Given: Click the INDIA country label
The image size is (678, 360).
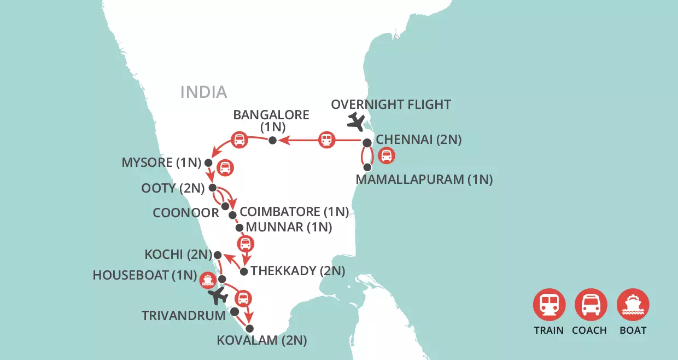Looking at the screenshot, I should coord(203,92).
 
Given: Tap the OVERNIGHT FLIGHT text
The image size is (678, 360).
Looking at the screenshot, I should coord(391,104).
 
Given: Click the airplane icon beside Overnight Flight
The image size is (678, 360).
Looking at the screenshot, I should coord(358,122).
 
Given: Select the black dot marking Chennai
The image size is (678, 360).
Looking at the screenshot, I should coord(367,143).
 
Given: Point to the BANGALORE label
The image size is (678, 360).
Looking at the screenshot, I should coord(271,115).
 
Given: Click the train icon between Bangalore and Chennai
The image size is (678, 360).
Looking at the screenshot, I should coord(326,141).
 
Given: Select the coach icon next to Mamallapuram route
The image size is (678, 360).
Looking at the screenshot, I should coord(387,156).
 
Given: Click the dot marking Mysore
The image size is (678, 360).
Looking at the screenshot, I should coord(208,162).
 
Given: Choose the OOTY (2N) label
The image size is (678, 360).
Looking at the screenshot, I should coord(173,188).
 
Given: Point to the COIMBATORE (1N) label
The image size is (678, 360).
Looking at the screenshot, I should coord(294,212).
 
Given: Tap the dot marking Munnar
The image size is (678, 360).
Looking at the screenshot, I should coord(239,227).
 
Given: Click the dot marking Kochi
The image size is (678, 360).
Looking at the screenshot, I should coord(217,255).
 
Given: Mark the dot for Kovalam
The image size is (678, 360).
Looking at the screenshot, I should coord(250,329).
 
